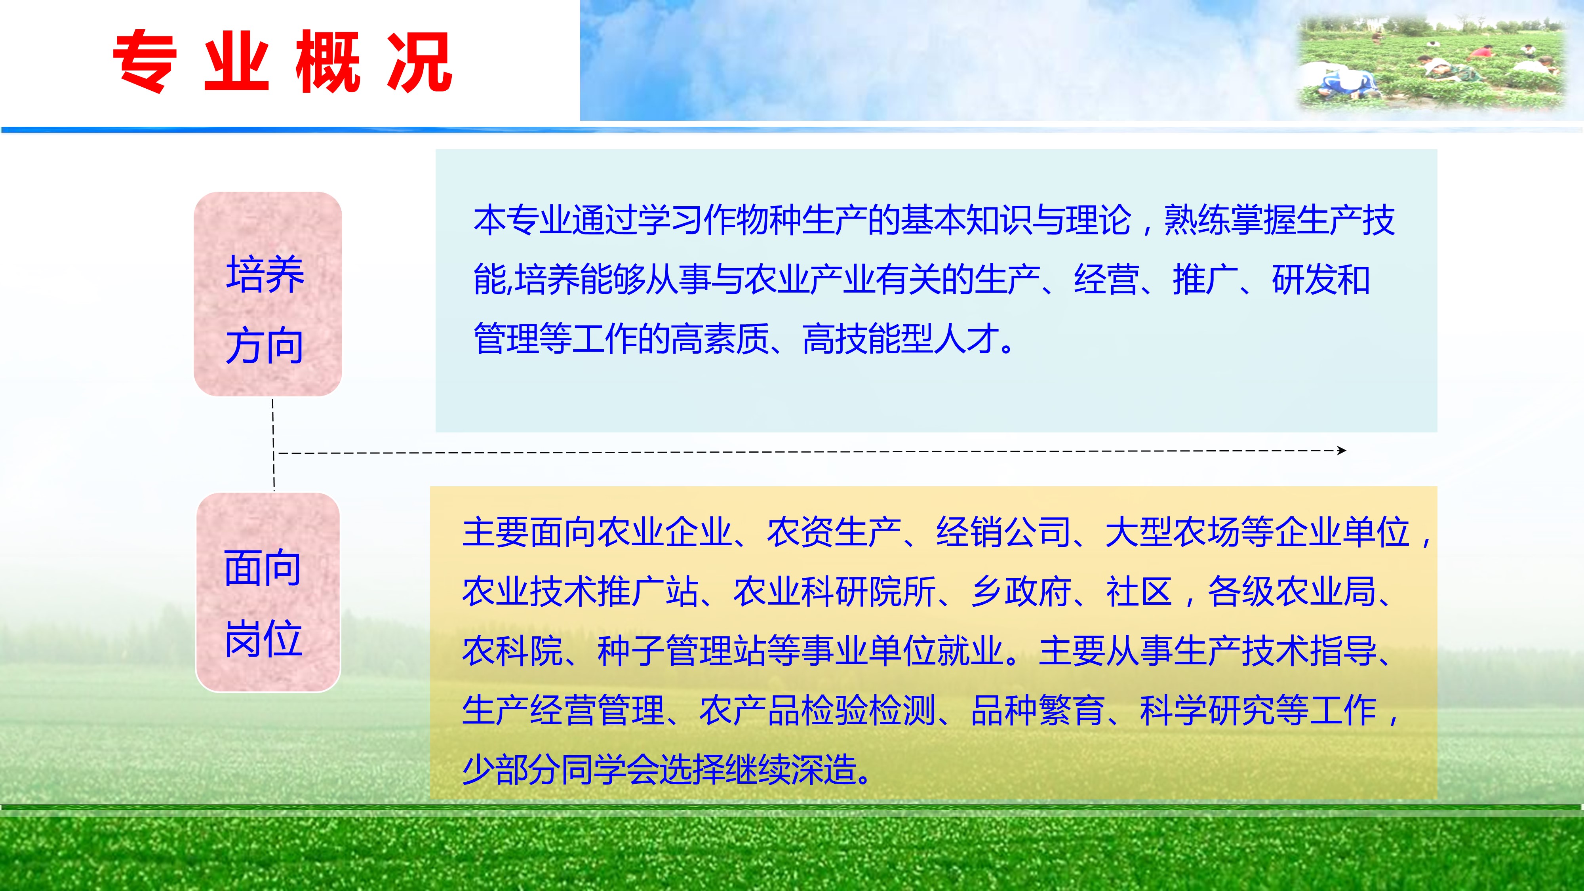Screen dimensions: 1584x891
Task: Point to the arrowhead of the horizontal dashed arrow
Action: [1342, 451]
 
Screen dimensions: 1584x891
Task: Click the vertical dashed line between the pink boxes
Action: [273, 444]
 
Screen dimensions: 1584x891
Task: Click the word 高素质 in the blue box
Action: [720, 339]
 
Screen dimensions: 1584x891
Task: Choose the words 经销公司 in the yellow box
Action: [1003, 532]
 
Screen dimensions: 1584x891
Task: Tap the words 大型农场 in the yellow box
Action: [1173, 532]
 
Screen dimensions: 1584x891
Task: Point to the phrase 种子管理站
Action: [682, 651]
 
